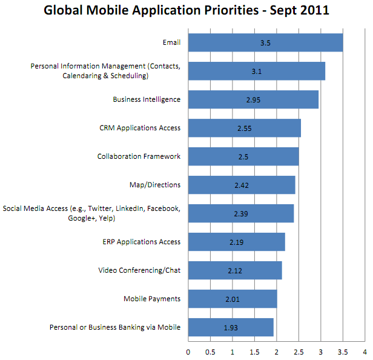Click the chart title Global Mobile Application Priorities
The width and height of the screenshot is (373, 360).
tap(186, 12)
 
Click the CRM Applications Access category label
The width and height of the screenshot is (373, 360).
tap(140, 128)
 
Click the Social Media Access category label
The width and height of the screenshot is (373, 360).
tap(92, 213)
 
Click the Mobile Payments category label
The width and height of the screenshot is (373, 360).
tap(152, 299)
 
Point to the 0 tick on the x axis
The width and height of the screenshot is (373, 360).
tap(188, 351)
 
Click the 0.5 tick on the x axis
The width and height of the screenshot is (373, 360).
tap(210, 351)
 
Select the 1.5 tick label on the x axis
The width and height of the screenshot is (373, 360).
tap(254, 351)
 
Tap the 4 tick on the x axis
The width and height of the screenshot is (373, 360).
tap(365, 351)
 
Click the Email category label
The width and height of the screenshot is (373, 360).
tap(171, 43)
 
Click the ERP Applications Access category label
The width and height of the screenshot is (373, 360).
tap(141, 242)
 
